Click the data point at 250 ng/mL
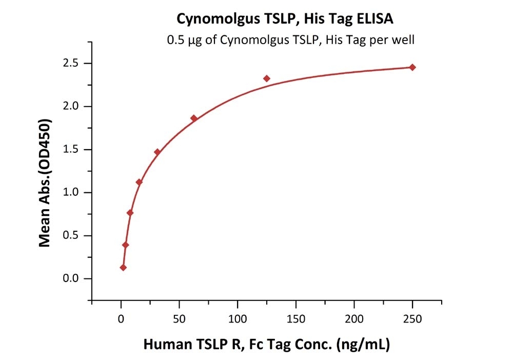412,67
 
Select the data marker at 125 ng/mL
267,78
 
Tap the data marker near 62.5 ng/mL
194,118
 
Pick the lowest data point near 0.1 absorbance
123,267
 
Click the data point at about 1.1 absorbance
139,182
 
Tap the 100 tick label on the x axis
238,319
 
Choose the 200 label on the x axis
354,319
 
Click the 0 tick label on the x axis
121,319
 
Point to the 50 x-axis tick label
179,319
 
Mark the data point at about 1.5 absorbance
157,152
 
